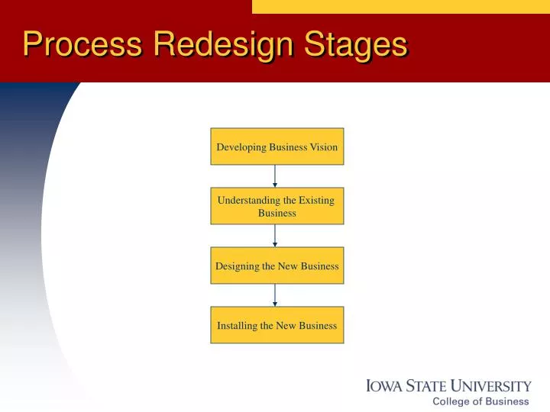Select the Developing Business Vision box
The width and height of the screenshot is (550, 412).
[277, 146]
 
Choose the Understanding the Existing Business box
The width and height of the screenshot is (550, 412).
[277, 206]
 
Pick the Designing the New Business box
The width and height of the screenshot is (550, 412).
[277, 266]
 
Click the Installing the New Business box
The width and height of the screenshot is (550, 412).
[277, 325]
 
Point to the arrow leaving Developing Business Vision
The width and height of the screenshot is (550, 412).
[275, 176]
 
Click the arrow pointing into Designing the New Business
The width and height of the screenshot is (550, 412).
[275, 236]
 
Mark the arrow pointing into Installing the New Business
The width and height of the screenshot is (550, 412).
[275, 295]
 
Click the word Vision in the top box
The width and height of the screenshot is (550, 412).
[324, 147]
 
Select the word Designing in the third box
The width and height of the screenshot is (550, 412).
[237, 266]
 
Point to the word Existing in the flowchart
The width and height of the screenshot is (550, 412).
[316, 201]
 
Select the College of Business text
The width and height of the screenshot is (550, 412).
[480, 401]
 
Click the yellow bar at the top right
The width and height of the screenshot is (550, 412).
[400, 6]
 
